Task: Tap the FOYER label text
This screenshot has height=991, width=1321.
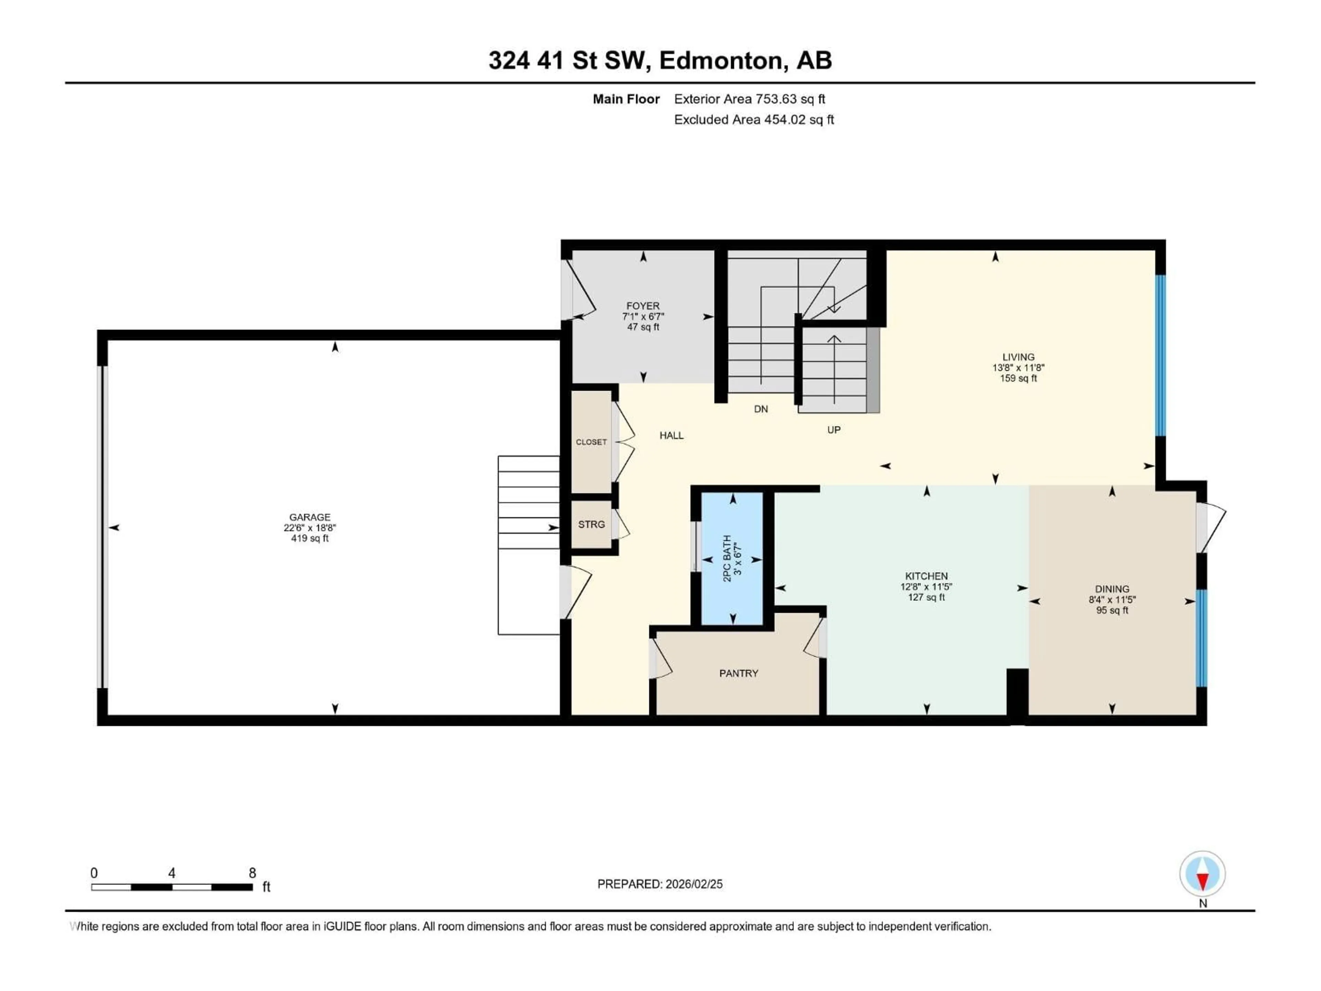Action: [x=643, y=306]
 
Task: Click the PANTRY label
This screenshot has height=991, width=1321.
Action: [x=738, y=673]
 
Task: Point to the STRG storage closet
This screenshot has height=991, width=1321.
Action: [x=591, y=524]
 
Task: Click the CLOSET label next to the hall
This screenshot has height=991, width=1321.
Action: [x=591, y=442]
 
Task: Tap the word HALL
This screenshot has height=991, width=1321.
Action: [x=671, y=436]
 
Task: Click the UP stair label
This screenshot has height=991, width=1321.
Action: [x=834, y=429]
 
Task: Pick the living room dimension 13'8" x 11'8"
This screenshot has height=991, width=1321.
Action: [x=1018, y=368]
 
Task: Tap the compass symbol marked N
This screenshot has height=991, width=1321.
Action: [x=1202, y=874]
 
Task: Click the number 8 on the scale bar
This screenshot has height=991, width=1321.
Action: [x=252, y=873]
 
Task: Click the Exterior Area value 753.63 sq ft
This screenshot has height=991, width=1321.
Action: [x=790, y=99]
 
